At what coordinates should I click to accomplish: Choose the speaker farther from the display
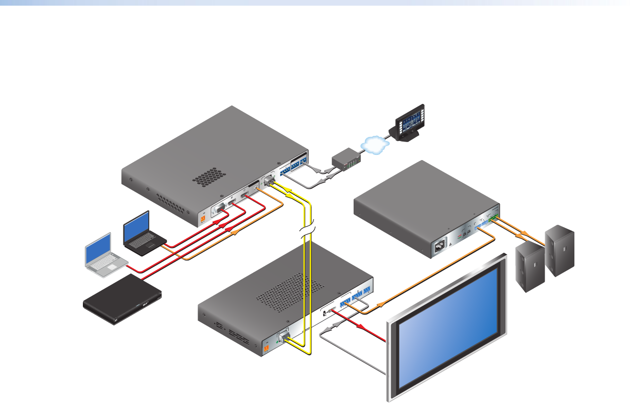tap(561, 249)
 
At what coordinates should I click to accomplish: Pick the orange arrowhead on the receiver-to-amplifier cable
tap(382, 304)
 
